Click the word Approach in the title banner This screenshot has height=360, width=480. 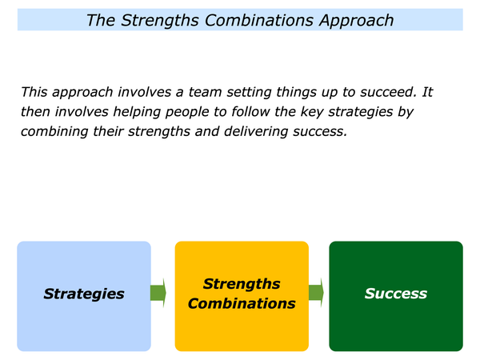(x=356, y=21)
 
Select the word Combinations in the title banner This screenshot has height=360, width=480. (x=259, y=21)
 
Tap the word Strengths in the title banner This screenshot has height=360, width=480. (x=161, y=21)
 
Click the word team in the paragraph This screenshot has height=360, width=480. (x=204, y=92)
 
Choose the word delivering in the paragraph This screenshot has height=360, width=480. (x=256, y=132)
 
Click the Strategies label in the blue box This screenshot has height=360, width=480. (x=84, y=294)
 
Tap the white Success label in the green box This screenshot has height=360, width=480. (x=396, y=294)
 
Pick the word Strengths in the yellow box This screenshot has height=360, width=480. (x=242, y=284)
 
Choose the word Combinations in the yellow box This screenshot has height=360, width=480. (x=242, y=304)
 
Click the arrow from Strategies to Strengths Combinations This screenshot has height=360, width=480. (x=158, y=293)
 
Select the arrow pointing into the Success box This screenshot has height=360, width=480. (x=316, y=293)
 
